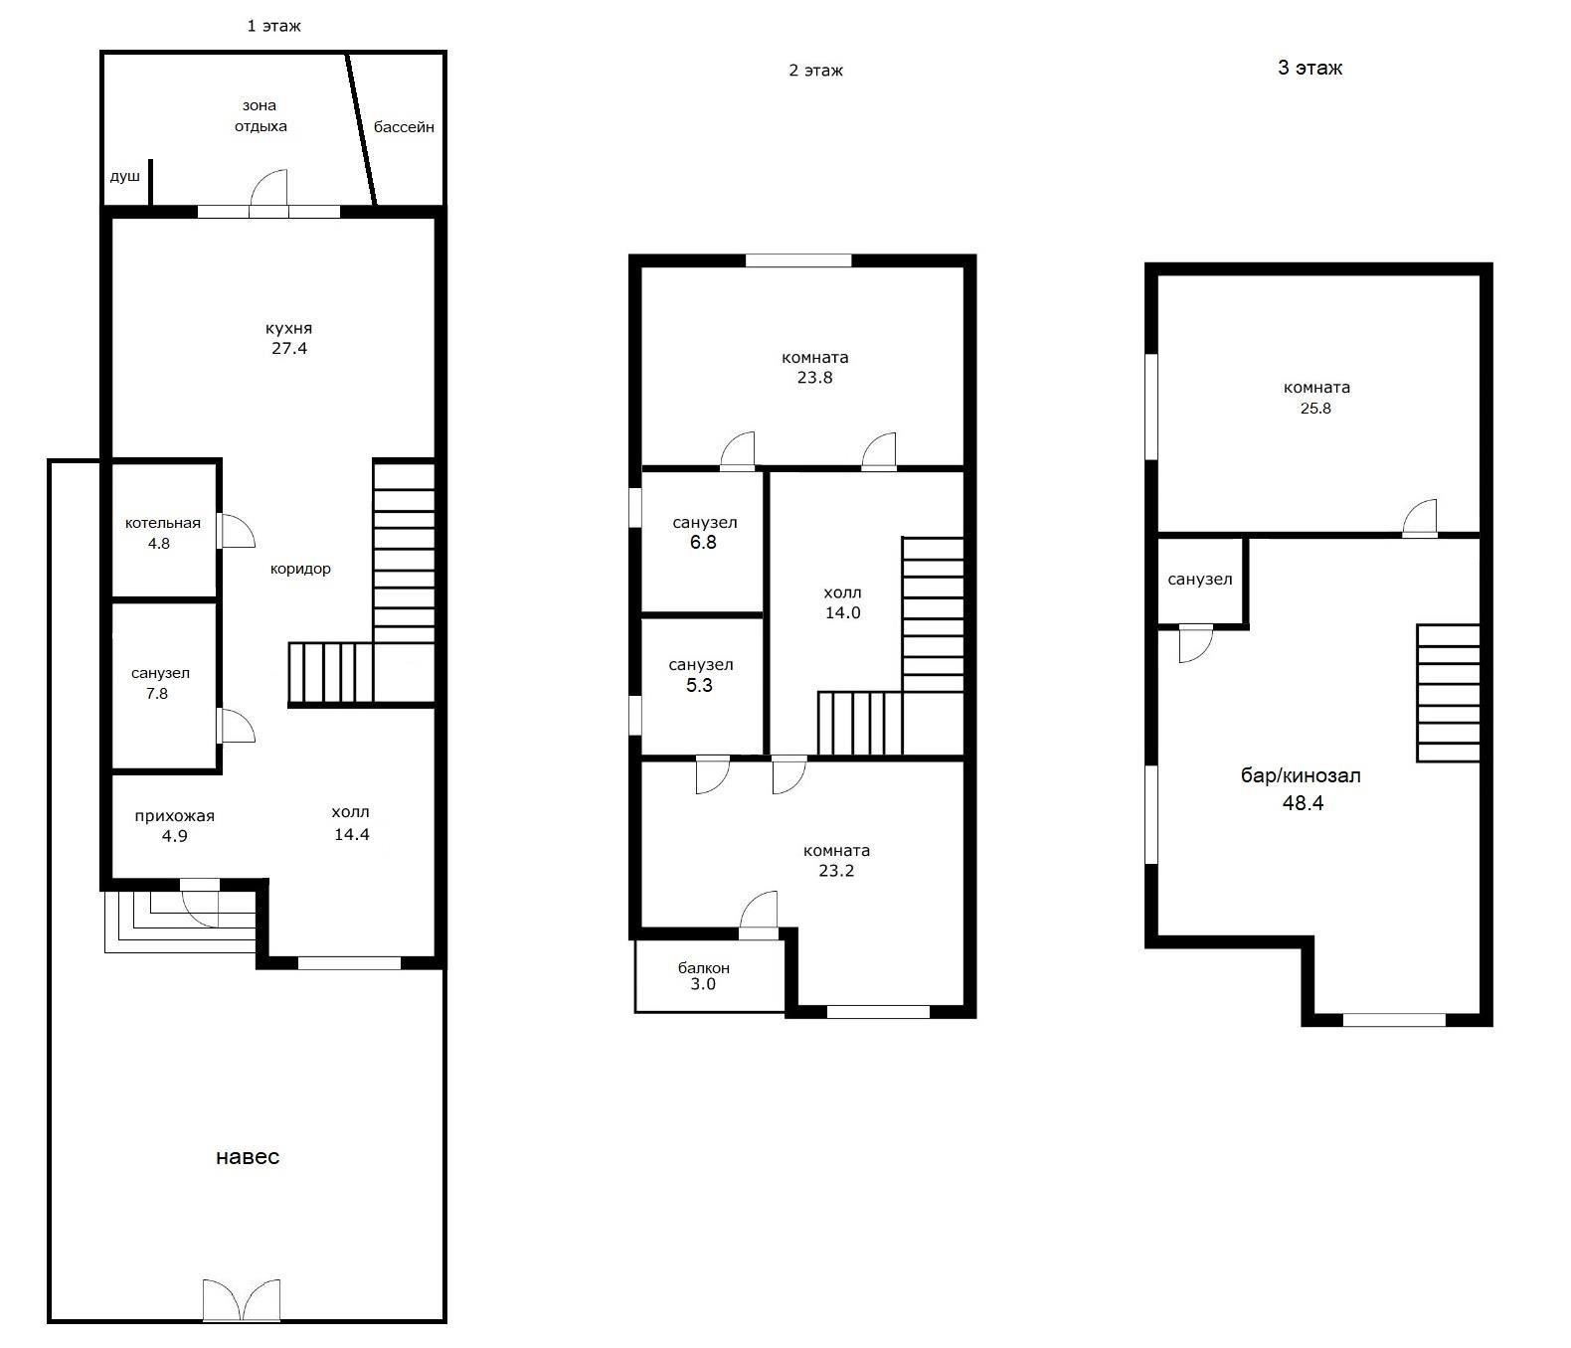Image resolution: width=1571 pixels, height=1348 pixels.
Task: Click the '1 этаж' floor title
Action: (x=273, y=27)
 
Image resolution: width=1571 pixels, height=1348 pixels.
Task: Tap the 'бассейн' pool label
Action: (x=404, y=127)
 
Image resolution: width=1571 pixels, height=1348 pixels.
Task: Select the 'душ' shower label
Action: (x=124, y=177)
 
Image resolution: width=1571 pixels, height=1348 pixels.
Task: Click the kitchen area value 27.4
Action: (x=289, y=348)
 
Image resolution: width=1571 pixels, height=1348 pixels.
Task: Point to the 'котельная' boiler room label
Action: (x=163, y=523)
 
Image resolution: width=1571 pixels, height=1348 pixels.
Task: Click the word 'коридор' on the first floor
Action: (x=300, y=570)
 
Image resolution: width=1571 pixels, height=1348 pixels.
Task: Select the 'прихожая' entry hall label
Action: (x=175, y=816)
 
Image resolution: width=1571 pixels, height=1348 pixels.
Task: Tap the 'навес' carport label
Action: (x=248, y=1156)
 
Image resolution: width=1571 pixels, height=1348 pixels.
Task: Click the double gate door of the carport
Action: (x=242, y=1301)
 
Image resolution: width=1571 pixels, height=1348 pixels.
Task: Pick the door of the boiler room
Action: (x=236, y=531)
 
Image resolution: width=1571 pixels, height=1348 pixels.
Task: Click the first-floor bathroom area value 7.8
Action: (x=156, y=694)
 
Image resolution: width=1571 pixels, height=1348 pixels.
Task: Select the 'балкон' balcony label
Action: (x=704, y=968)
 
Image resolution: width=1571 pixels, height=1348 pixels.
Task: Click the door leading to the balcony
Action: (x=759, y=915)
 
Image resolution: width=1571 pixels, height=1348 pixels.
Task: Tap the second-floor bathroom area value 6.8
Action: (x=703, y=543)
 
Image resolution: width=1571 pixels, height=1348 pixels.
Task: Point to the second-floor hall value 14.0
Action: (x=843, y=612)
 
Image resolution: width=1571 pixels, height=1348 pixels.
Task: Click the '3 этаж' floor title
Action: (x=1310, y=68)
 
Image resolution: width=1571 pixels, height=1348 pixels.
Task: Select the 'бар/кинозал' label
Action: (x=1301, y=775)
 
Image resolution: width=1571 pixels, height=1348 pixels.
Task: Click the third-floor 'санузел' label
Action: (x=1200, y=579)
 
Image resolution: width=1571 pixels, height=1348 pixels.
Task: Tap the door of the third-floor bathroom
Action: (x=1195, y=643)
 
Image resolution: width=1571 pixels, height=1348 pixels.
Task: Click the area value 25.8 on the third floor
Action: (x=1315, y=409)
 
